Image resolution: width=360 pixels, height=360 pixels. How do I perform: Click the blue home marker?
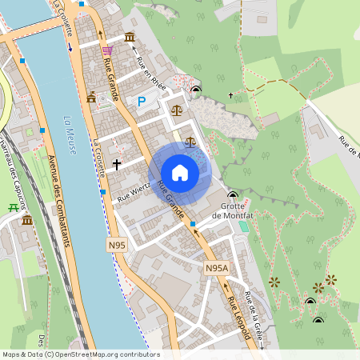[180, 173]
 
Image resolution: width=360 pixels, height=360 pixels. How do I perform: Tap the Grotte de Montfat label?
[233, 210]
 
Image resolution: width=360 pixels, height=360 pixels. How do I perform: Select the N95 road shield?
[117, 245]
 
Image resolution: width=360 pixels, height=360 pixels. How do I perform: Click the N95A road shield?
[216, 268]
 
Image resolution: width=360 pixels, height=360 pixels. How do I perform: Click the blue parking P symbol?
[142, 102]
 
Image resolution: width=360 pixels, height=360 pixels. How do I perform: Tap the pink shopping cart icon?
[106, 50]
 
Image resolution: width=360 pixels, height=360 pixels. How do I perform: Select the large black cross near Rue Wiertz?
[117, 164]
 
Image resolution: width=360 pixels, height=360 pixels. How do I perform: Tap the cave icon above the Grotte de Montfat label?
[233, 195]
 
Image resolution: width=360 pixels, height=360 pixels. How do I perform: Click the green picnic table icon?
[13, 207]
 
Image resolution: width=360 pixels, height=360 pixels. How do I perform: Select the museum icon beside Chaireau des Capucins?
[27, 220]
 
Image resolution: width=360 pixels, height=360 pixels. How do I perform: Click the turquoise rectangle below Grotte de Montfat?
[243, 226]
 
